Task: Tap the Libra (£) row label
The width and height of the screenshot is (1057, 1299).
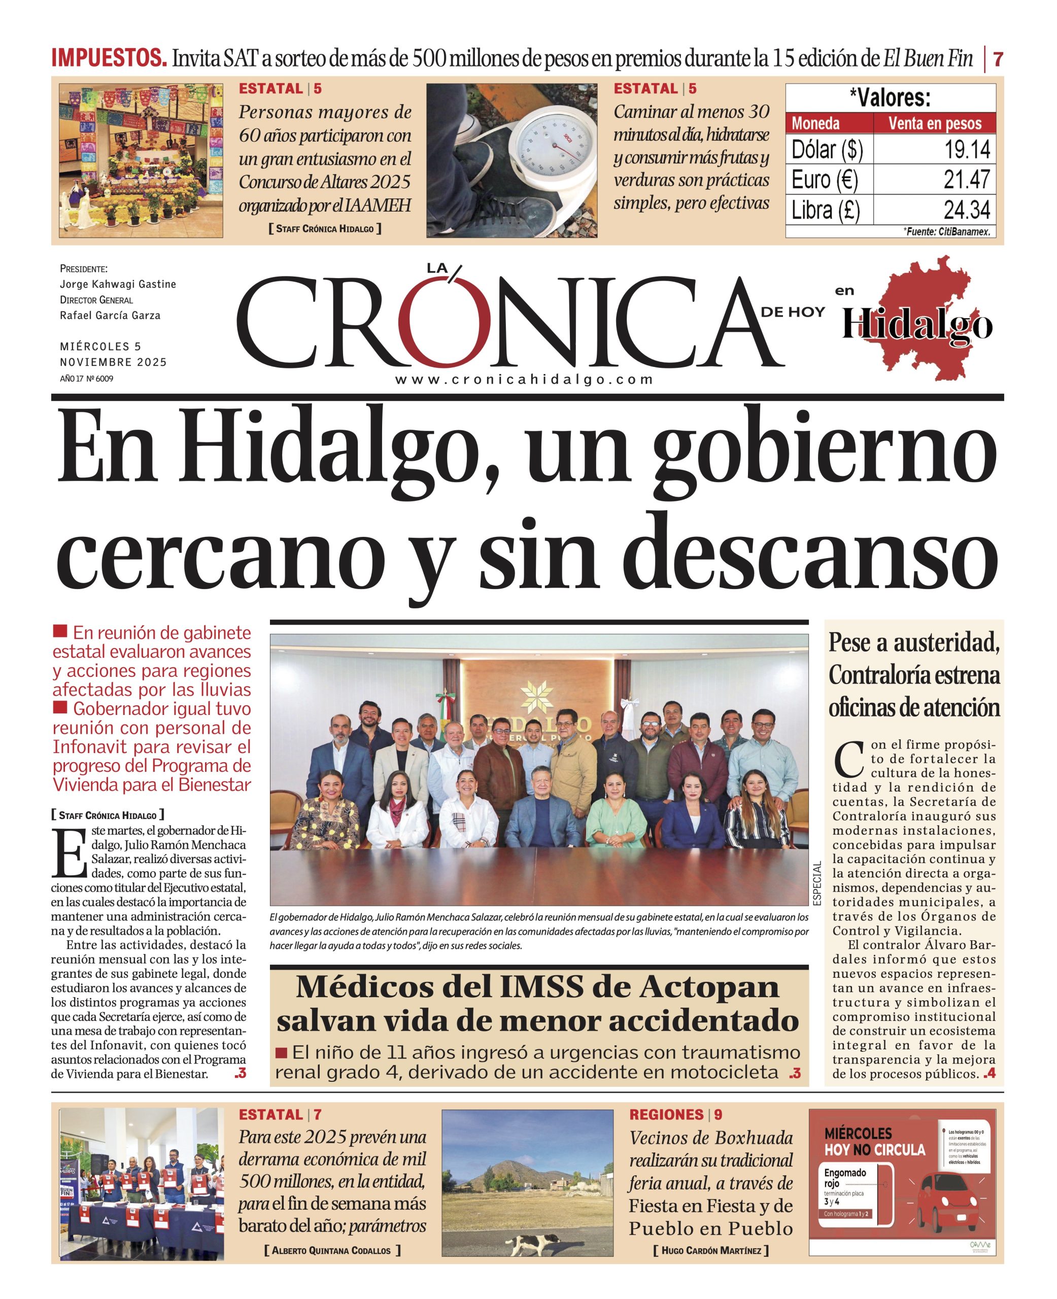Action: (826, 210)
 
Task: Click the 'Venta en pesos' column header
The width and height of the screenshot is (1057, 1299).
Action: (935, 124)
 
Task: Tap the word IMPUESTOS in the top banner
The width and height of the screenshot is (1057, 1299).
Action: (109, 58)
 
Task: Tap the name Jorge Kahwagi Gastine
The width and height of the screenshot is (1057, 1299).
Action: (118, 284)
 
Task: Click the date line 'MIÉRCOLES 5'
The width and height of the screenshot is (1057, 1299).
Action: (100, 347)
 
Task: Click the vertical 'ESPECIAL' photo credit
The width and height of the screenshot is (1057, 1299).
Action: (817, 882)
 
